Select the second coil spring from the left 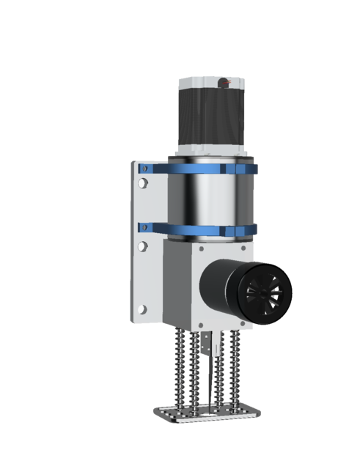click(x=195, y=374)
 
